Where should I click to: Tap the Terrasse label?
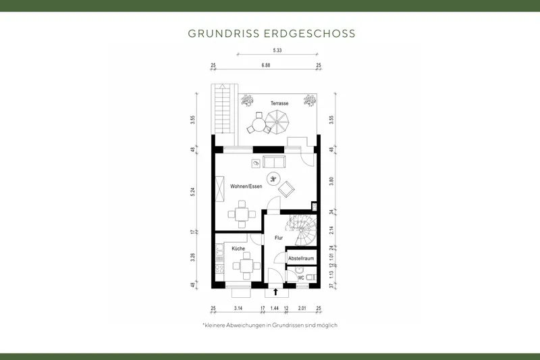coord(279,103)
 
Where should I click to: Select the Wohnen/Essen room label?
coord(246,186)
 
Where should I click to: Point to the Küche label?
coord(238,249)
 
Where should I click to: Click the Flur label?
coord(277,238)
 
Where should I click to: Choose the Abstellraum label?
coord(300,259)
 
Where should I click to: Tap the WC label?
coord(292,276)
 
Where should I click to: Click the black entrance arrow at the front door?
coord(275,292)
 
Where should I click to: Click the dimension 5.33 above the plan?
coord(277,51)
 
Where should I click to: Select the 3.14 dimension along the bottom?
coord(238,308)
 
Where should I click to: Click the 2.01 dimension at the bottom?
coord(302,308)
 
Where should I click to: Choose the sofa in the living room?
coord(274,162)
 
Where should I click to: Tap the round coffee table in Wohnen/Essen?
coord(274,179)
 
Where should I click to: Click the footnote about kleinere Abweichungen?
coord(269,326)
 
